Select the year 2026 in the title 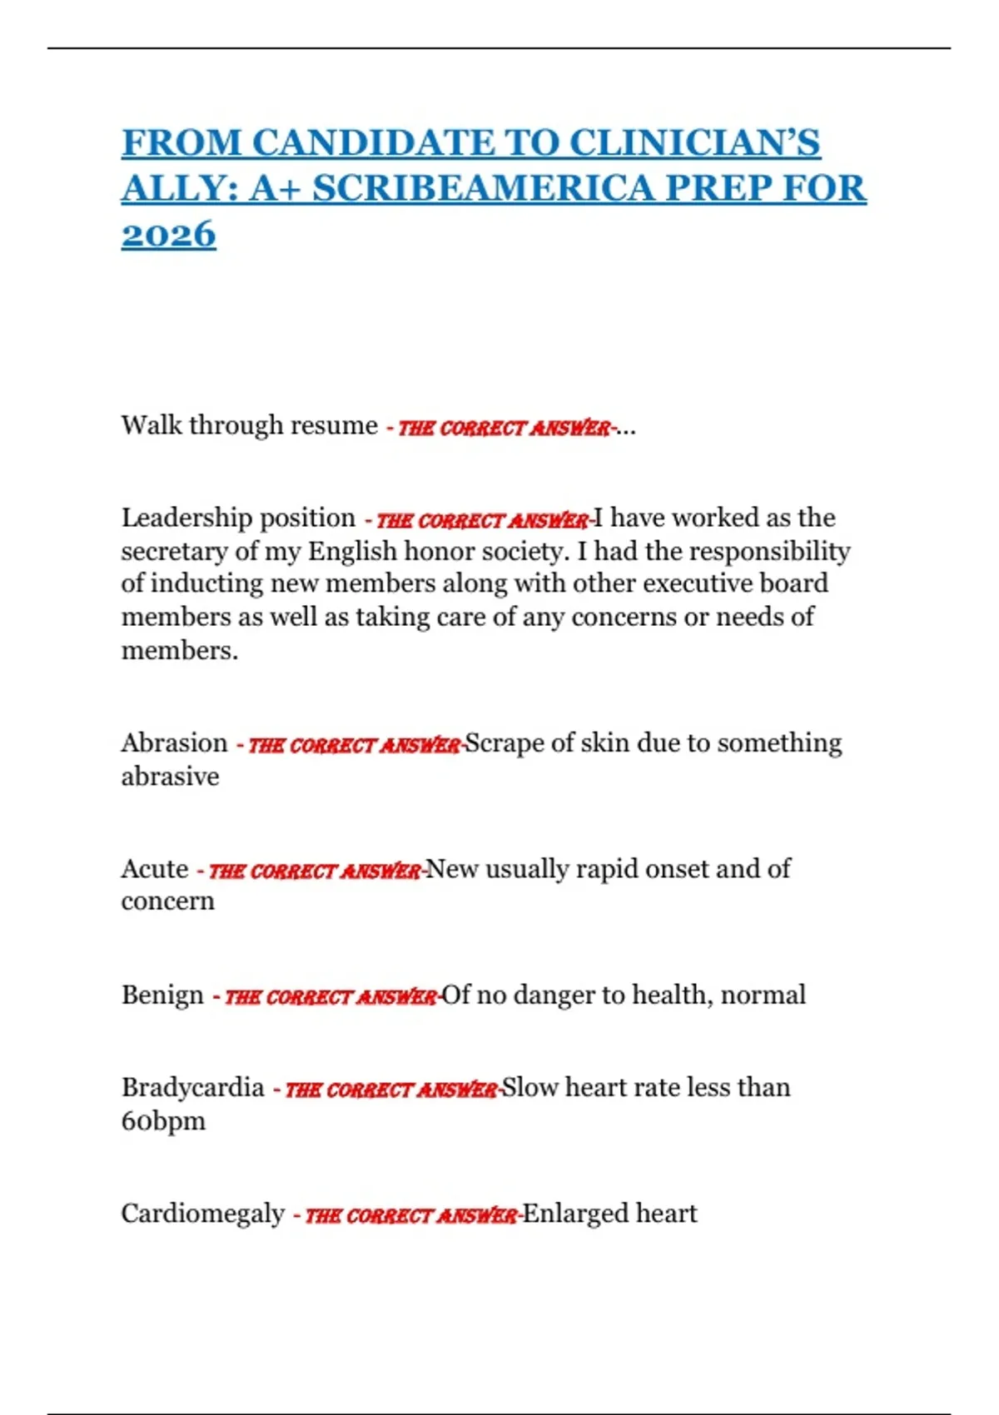pyautogui.click(x=168, y=235)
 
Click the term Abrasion pyautogui.click(x=174, y=742)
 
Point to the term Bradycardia pyautogui.click(x=192, y=1087)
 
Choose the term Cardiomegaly pyautogui.click(x=202, y=1214)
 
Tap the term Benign pyautogui.click(x=162, y=995)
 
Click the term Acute pyautogui.click(x=155, y=869)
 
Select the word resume pyautogui.click(x=334, y=425)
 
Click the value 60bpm pyautogui.click(x=163, y=1121)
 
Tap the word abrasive pyautogui.click(x=170, y=777)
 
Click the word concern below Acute pyautogui.click(x=167, y=901)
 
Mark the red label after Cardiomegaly pyautogui.click(x=410, y=1216)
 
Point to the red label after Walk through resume pyautogui.click(x=503, y=429)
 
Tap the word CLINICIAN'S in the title pyautogui.click(x=695, y=142)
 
